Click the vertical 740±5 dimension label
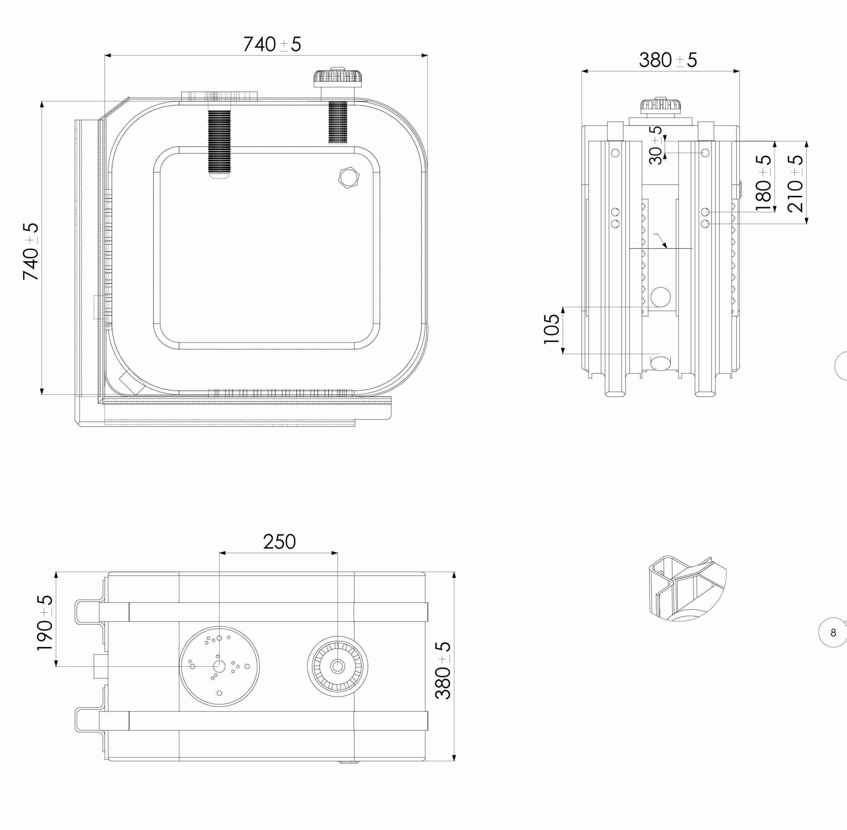tap(31, 251)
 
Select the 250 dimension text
tap(279, 542)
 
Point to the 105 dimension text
tap(552, 329)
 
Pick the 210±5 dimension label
tap(795, 183)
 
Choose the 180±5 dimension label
tap(764, 183)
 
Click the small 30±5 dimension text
tap(655, 145)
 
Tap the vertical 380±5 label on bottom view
tap(443, 670)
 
